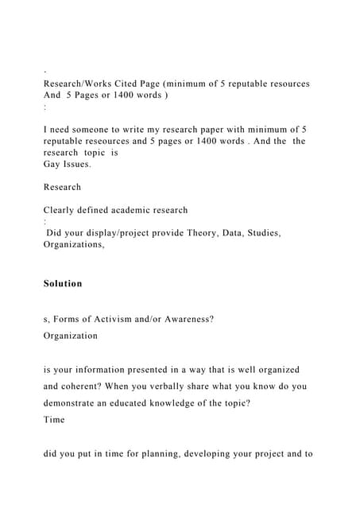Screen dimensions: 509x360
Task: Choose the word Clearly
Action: click(63, 210)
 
